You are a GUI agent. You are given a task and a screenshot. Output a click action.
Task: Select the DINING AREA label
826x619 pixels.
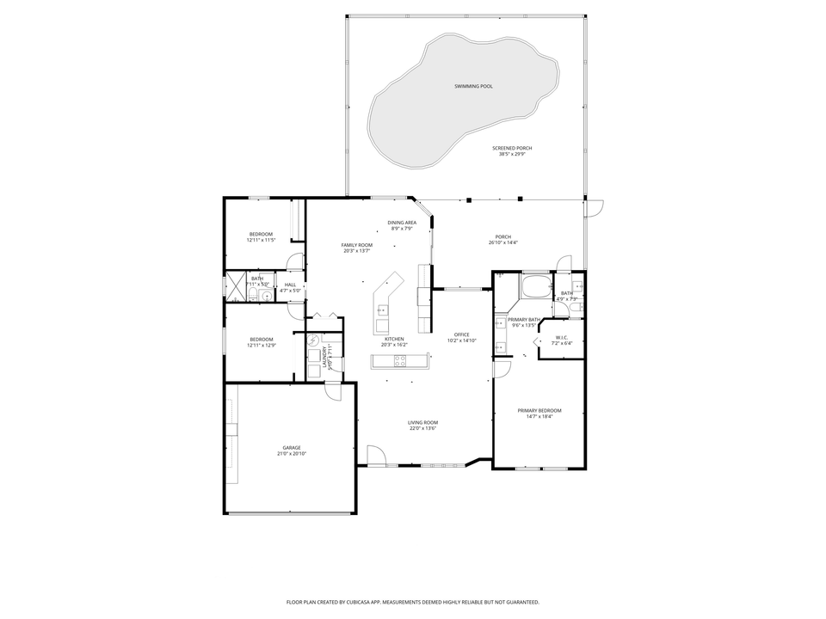pos(402,223)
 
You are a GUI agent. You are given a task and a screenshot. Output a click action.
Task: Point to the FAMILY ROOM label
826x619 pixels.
pos(356,245)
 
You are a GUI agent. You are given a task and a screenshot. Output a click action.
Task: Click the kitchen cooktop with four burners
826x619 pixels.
pos(400,360)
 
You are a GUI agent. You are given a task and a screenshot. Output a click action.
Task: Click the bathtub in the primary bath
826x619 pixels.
pos(536,285)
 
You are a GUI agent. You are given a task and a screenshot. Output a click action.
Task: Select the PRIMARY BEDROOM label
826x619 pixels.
pos(539,410)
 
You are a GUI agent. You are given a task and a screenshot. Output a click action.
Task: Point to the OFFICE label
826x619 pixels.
pos(461,334)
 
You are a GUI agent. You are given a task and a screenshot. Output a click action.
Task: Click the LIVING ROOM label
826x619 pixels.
pos(422,422)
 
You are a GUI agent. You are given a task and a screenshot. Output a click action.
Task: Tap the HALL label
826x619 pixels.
pos(290,285)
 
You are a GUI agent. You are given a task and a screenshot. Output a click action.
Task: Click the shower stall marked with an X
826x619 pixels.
pos(234,285)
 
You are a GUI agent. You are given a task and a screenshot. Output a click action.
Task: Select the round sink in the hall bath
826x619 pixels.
pos(267,295)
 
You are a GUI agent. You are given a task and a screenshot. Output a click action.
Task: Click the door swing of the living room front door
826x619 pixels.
pos(376,453)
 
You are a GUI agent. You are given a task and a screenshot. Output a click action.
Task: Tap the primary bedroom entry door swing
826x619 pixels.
pos(502,370)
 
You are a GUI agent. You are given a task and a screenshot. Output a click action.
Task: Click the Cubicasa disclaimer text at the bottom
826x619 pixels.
pos(412,602)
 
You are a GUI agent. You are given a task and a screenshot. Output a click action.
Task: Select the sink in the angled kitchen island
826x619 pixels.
pos(382,310)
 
